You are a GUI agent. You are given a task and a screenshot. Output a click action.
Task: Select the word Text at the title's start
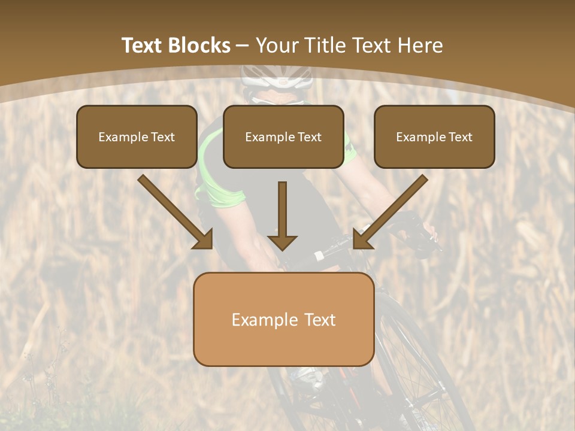pos(142,45)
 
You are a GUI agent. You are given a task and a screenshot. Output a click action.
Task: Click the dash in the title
pos(243,45)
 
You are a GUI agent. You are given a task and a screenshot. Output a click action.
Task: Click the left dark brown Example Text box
pos(137,137)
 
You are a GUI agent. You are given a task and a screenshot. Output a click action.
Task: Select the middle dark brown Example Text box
pos(283,137)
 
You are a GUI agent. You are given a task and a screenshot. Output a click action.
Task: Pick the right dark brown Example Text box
pos(434,137)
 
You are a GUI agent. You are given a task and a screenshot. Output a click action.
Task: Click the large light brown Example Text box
pos(283,320)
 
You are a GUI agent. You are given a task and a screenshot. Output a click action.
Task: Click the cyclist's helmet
pos(277,76)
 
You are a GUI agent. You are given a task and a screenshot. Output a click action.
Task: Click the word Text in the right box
pos(460,137)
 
